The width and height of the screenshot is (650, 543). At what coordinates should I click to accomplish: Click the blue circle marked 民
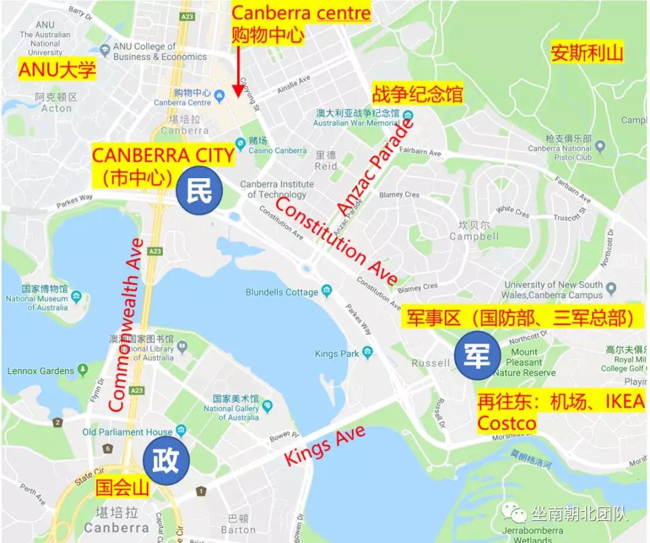coord(200,191)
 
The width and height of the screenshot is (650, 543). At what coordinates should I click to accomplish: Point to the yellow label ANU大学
coord(57,70)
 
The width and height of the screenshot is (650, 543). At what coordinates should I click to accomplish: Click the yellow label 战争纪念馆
coord(417,95)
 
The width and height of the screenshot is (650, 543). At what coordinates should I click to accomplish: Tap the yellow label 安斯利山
coord(587,54)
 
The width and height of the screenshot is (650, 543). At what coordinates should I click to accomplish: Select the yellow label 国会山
coord(122,487)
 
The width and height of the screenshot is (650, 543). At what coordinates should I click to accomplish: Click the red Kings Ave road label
coord(324,445)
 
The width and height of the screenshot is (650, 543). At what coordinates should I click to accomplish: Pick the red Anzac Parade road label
coord(376,167)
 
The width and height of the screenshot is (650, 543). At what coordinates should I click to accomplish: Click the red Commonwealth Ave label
coord(126,325)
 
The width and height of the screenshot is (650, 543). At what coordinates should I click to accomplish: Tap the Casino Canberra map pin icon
coord(241,143)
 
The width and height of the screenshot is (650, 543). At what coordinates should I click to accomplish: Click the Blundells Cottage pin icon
coord(327,292)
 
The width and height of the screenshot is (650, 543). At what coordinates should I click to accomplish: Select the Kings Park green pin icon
coord(368,353)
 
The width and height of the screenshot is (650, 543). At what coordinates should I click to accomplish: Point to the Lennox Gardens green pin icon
coord(82,370)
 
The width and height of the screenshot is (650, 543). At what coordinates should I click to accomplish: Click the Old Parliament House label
coord(128,432)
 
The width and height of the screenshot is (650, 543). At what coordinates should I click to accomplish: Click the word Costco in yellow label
coord(507,424)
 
